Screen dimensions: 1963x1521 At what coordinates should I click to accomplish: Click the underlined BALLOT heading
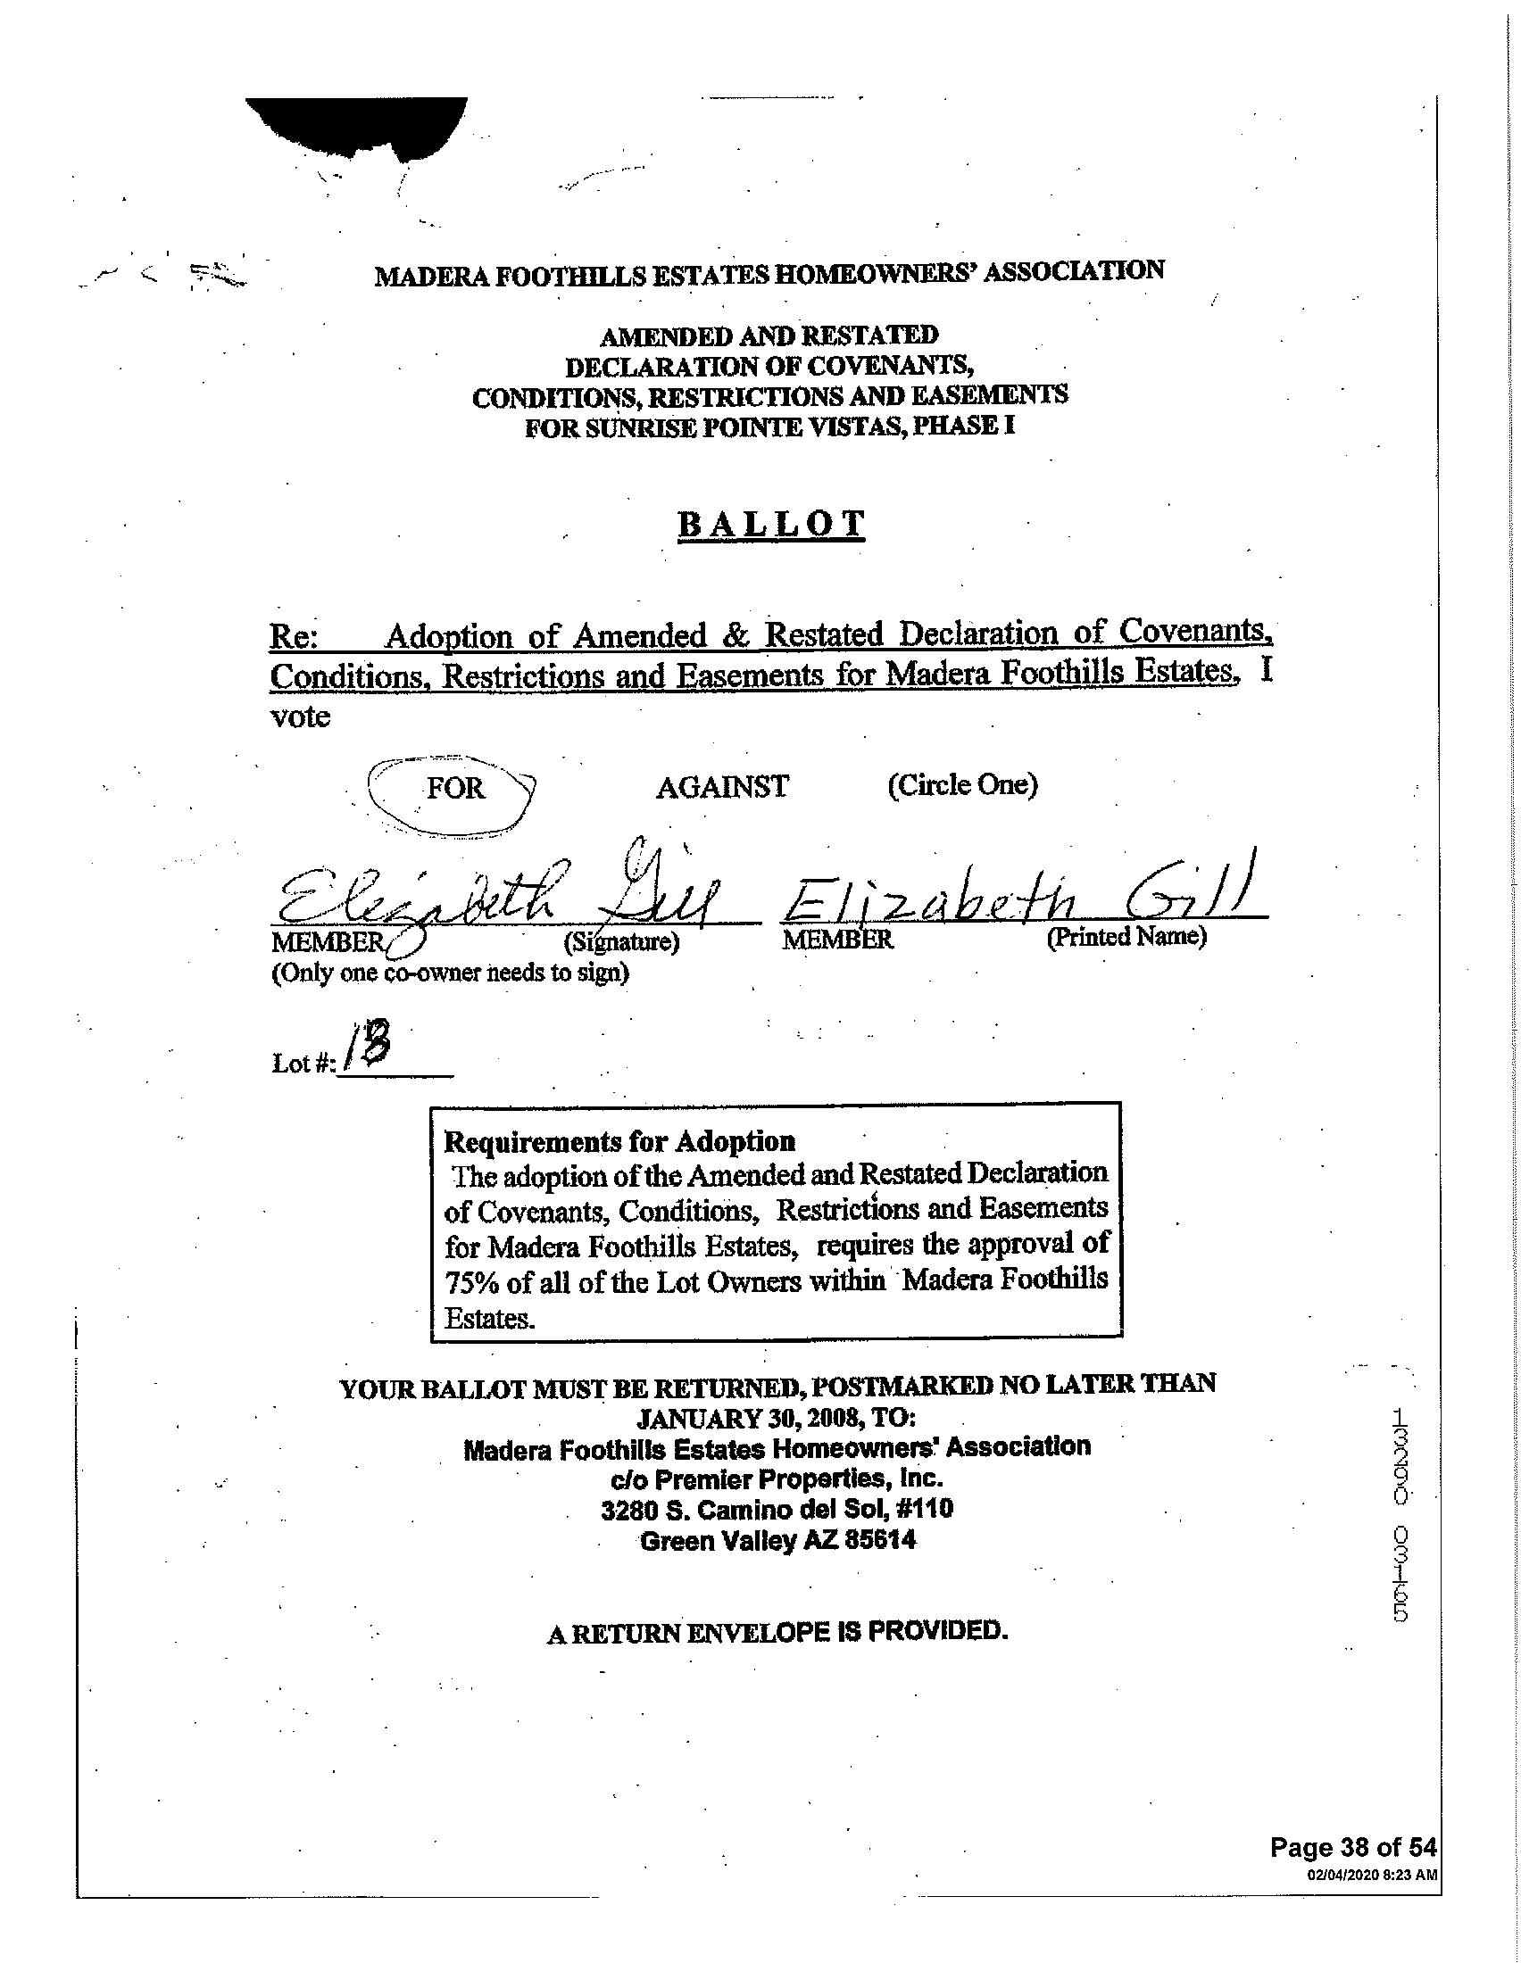point(771,524)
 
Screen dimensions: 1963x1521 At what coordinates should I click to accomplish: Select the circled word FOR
point(455,788)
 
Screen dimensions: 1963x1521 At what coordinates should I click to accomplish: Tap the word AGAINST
point(722,787)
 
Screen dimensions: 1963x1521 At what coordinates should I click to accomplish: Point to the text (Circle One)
point(963,784)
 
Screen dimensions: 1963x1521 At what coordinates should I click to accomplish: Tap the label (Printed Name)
point(1126,937)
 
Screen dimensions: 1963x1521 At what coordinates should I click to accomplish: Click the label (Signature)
point(621,942)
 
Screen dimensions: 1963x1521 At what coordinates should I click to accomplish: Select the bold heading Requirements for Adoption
point(620,1141)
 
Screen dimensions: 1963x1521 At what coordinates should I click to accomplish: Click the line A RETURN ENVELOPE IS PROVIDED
point(777,1631)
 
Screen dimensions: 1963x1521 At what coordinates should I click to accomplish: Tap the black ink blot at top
point(360,126)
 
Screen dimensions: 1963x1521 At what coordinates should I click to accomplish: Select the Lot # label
point(303,1064)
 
